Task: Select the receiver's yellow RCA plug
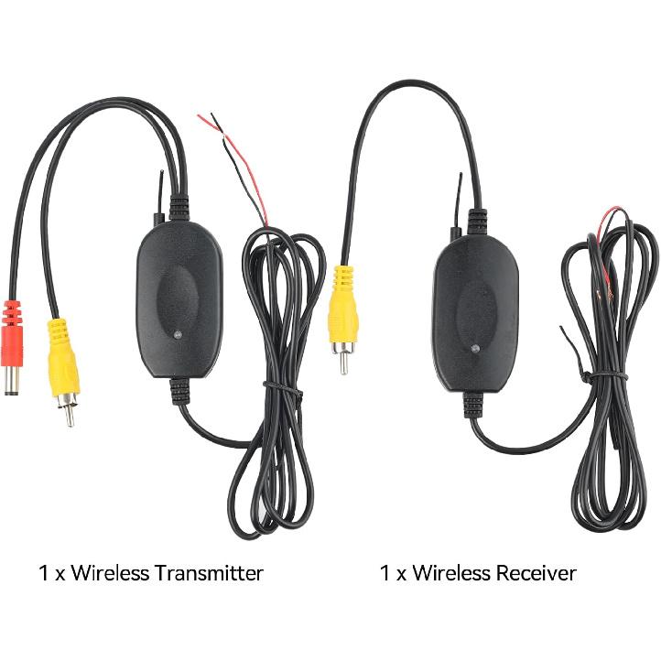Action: [x=344, y=302]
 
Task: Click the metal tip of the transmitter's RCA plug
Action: [x=68, y=411]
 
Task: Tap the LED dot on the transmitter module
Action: [x=178, y=336]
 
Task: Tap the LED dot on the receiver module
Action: [x=473, y=348]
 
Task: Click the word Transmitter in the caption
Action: [x=209, y=574]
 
